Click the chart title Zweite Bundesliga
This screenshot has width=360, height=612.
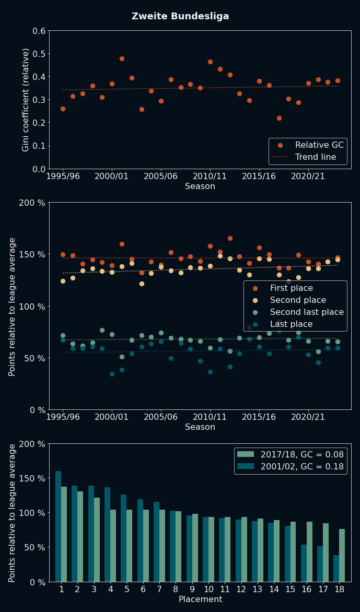click(x=180, y=16)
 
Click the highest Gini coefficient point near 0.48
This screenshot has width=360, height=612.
click(x=122, y=58)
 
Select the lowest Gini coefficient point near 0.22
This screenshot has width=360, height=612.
click(x=279, y=118)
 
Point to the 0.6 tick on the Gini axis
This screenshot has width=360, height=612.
click(x=39, y=31)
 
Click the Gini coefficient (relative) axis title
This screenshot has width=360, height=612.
click(x=26, y=99)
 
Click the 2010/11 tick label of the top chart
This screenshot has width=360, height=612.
click(x=210, y=177)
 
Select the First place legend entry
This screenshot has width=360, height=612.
click(x=291, y=288)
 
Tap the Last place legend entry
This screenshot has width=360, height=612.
click(x=291, y=324)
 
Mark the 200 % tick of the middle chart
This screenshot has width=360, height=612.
click(x=32, y=203)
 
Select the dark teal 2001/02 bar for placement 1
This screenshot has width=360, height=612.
click(x=58, y=526)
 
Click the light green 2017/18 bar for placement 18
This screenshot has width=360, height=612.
click(x=342, y=555)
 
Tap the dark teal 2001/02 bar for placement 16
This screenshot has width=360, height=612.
click(x=304, y=563)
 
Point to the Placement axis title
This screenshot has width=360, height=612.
click(x=200, y=599)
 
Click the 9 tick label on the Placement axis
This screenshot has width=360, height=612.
click(x=192, y=590)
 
